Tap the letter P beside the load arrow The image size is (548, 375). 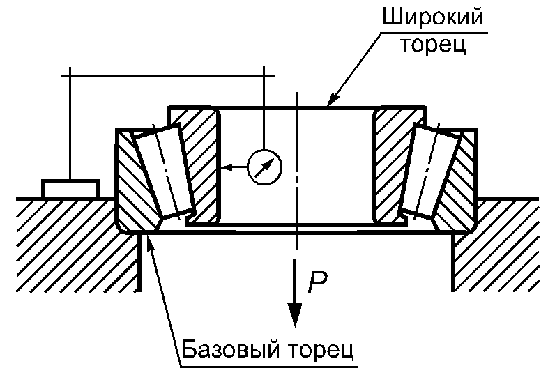click(318, 281)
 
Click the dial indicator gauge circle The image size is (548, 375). click(266, 167)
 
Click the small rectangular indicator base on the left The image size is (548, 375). click(70, 188)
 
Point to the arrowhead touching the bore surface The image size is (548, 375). click(222, 167)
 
